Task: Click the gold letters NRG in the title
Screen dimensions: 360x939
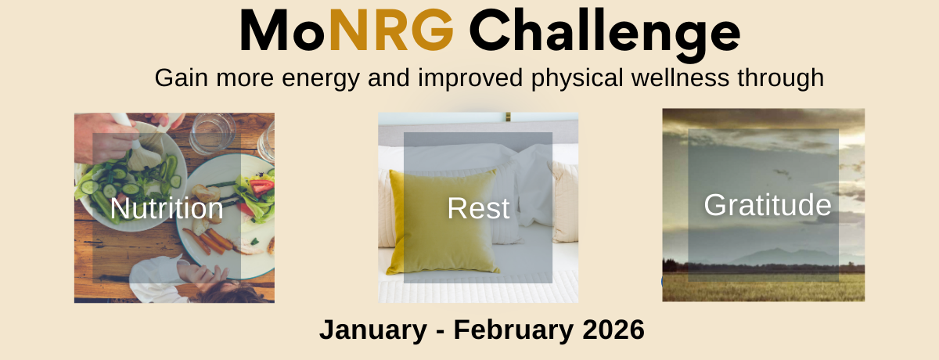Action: click(x=391, y=31)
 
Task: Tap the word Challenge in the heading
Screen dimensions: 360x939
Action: click(x=604, y=33)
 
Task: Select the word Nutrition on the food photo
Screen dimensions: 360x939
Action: click(x=167, y=209)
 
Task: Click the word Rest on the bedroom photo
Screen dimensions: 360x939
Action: click(x=478, y=209)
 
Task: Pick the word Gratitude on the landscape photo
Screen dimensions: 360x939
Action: click(x=767, y=205)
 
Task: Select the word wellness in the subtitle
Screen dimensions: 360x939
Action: click(x=678, y=79)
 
